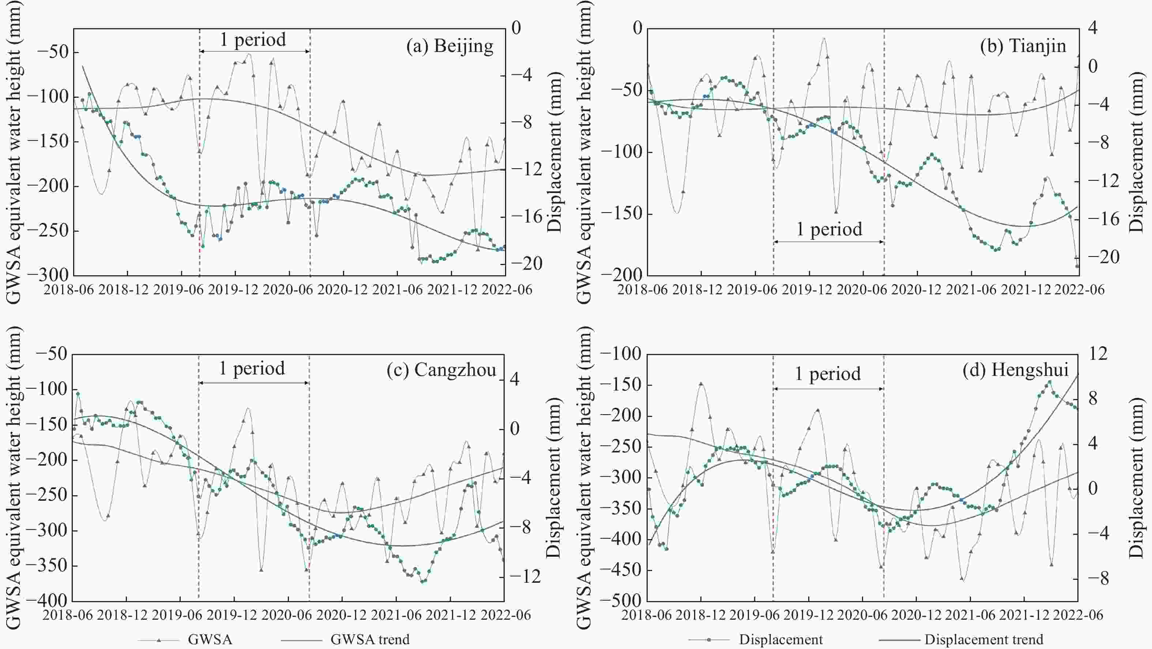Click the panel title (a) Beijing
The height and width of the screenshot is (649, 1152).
pos(449,46)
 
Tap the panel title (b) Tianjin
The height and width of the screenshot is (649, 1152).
pos(1023,46)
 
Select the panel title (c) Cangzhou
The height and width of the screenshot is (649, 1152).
pos(441,370)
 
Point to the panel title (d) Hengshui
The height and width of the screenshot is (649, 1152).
pos(1016,370)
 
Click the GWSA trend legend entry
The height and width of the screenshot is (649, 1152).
pos(370,639)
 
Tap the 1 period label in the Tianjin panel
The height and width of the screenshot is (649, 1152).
pos(829,230)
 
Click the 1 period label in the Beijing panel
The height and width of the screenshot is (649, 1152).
pos(253,40)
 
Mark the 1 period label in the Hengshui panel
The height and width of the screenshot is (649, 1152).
pos(828,374)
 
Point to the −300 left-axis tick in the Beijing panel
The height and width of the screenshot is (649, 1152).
pos(48,275)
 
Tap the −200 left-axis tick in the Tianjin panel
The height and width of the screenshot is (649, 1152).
pos(622,275)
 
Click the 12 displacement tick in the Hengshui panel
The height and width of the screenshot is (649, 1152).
pos(1098,354)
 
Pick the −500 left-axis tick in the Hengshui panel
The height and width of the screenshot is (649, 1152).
pos(622,601)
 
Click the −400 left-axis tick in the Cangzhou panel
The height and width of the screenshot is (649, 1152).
pos(47,601)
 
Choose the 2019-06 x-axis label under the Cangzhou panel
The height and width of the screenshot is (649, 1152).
pos(179,615)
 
